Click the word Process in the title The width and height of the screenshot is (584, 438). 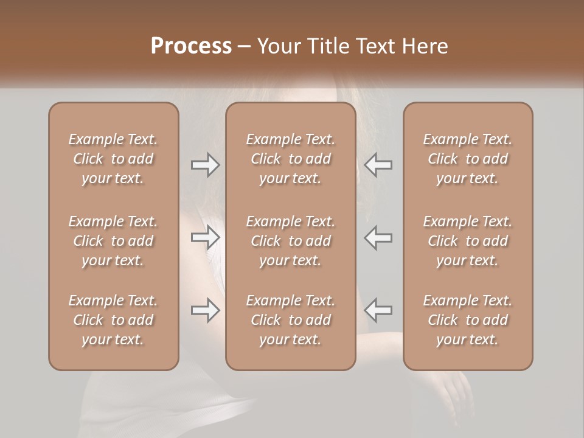pyautogui.click(x=191, y=46)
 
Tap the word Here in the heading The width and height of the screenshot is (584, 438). pyautogui.click(x=425, y=46)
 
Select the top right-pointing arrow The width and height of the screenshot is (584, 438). pyautogui.click(x=206, y=165)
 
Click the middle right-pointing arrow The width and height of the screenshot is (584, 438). pyautogui.click(x=206, y=238)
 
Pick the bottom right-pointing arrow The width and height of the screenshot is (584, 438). pyautogui.click(x=206, y=310)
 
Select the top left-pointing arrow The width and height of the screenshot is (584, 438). pyautogui.click(x=378, y=165)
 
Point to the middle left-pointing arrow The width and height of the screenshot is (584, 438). pyautogui.click(x=378, y=238)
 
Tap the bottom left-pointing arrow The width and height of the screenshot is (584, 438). pyautogui.click(x=378, y=310)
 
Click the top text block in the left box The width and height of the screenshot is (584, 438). pyautogui.click(x=113, y=159)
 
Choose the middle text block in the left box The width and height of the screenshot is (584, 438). pyautogui.click(x=113, y=241)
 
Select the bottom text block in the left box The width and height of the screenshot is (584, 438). pyautogui.click(x=113, y=320)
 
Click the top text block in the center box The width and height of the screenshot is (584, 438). pyautogui.click(x=290, y=159)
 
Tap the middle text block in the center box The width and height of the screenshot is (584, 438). pyautogui.click(x=290, y=241)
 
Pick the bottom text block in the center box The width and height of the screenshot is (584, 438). pyautogui.click(x=290, y=320)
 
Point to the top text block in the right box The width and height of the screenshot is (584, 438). pyautogui.click(x=467, y=159)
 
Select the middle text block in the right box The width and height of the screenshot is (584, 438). pyautogui.click(x=467, y=241)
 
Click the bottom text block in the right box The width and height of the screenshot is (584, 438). pyautogui.click(x=467, y=320)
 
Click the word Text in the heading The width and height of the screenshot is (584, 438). pyautogui.click(x=378, y=46)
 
